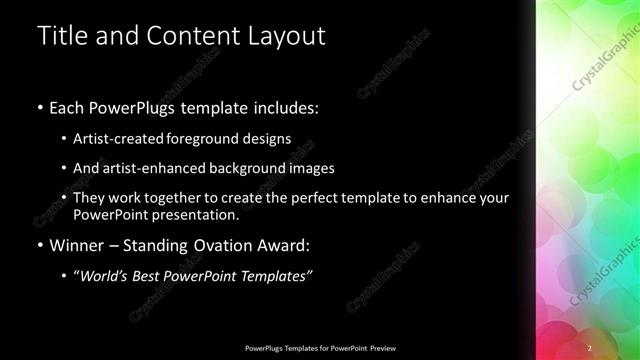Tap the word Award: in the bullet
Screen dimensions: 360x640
tap(290, 245)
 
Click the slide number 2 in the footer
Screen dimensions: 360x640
tap(590, 347)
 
